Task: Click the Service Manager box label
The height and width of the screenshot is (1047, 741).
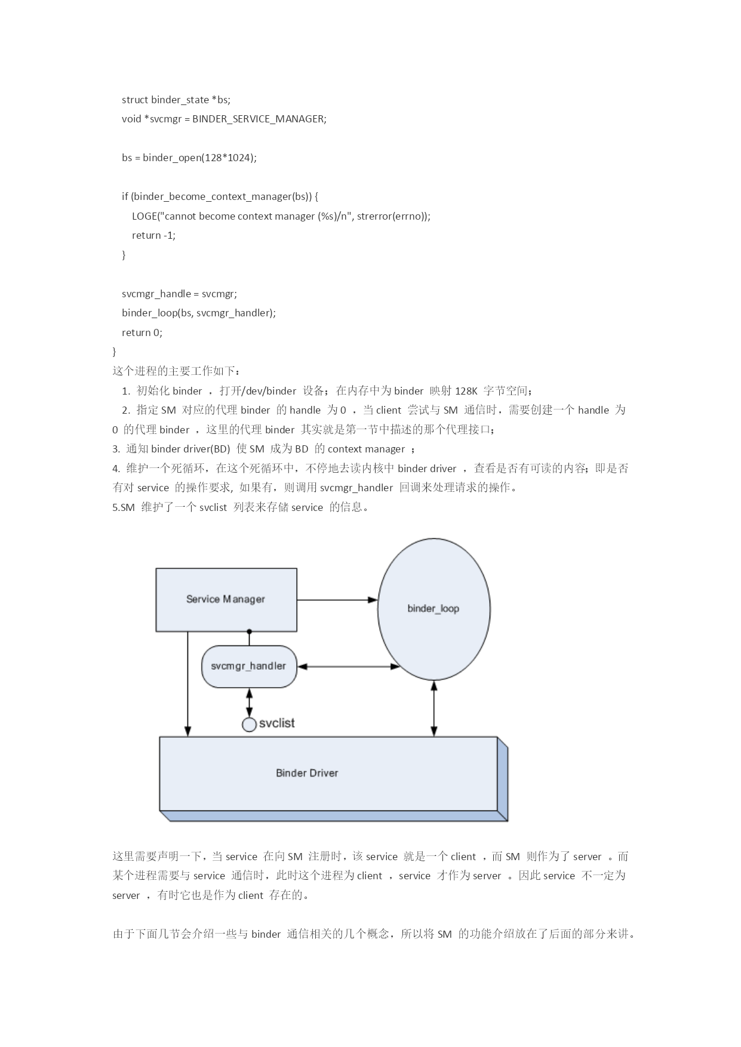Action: [225, 599]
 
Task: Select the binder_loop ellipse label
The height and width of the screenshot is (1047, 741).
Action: [433, 609]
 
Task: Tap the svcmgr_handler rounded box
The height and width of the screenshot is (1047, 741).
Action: [249, 666]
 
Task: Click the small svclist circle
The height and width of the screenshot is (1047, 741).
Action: [249, 725]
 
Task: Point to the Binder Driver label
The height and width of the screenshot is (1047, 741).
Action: [307, 773]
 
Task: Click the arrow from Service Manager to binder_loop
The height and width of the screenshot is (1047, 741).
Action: [337, 600]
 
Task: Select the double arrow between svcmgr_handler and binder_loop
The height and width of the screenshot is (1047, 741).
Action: [349, 666]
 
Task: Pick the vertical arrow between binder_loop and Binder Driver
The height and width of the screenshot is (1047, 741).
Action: [434, 709]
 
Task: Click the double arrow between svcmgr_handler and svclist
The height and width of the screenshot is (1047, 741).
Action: [249, 703]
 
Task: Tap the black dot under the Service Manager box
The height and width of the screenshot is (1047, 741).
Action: [249, 631]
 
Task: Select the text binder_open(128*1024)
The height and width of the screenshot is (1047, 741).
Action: [198, 158]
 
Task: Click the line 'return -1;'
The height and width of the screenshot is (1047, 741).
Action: [153, 235]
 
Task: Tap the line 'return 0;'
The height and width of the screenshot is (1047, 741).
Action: [142, 332]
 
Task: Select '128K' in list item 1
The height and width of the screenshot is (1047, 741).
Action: [466, 391]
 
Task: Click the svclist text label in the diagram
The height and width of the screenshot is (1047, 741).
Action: [276, 723]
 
